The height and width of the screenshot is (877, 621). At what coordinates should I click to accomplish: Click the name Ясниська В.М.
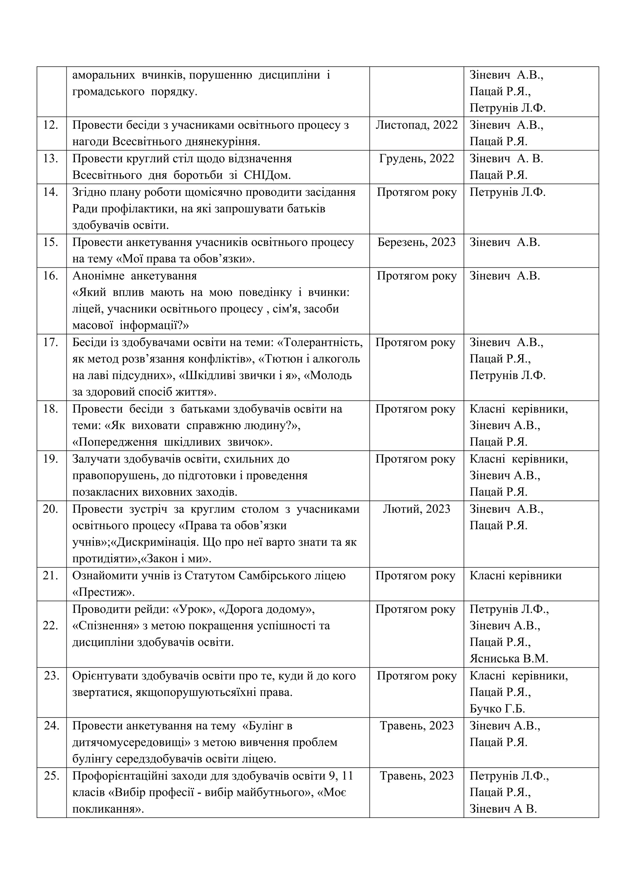point(509,659)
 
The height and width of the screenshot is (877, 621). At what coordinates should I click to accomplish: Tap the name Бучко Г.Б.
point(497,709)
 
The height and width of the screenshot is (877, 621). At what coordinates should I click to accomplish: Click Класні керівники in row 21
point(515,576)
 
